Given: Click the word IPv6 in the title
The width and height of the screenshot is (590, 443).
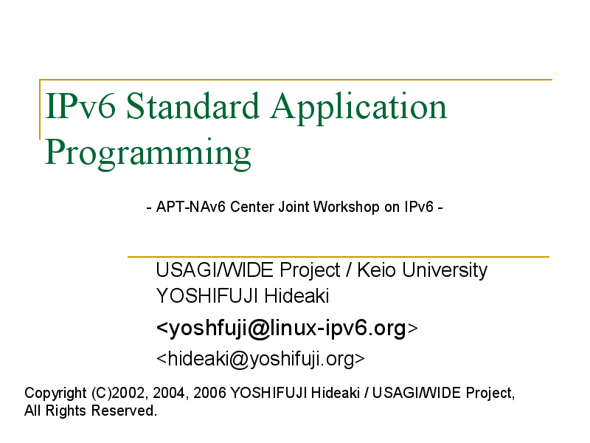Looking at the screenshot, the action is (80, 106).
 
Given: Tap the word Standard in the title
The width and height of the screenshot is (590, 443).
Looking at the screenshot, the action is (192, 106).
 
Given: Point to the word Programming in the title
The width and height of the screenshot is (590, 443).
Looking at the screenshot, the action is (148, 154).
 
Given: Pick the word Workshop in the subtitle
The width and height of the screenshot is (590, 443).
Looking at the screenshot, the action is (346, 207).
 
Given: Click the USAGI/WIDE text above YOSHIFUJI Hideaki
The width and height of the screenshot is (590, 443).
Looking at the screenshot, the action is (215, 270).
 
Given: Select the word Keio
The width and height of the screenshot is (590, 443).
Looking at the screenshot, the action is (376, 270).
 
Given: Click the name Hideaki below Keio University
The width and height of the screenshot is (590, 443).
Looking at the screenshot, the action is (296, 296).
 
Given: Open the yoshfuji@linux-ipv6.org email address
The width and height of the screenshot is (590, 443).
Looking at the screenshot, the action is (287, 328).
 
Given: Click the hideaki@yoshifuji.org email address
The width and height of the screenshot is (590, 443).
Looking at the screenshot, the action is (260, 359).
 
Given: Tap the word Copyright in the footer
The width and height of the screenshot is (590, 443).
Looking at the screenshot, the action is (56, 394).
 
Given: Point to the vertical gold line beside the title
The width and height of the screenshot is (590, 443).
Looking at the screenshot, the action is (40, 109).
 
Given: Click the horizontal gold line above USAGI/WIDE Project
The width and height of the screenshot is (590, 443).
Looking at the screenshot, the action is (339, 257).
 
